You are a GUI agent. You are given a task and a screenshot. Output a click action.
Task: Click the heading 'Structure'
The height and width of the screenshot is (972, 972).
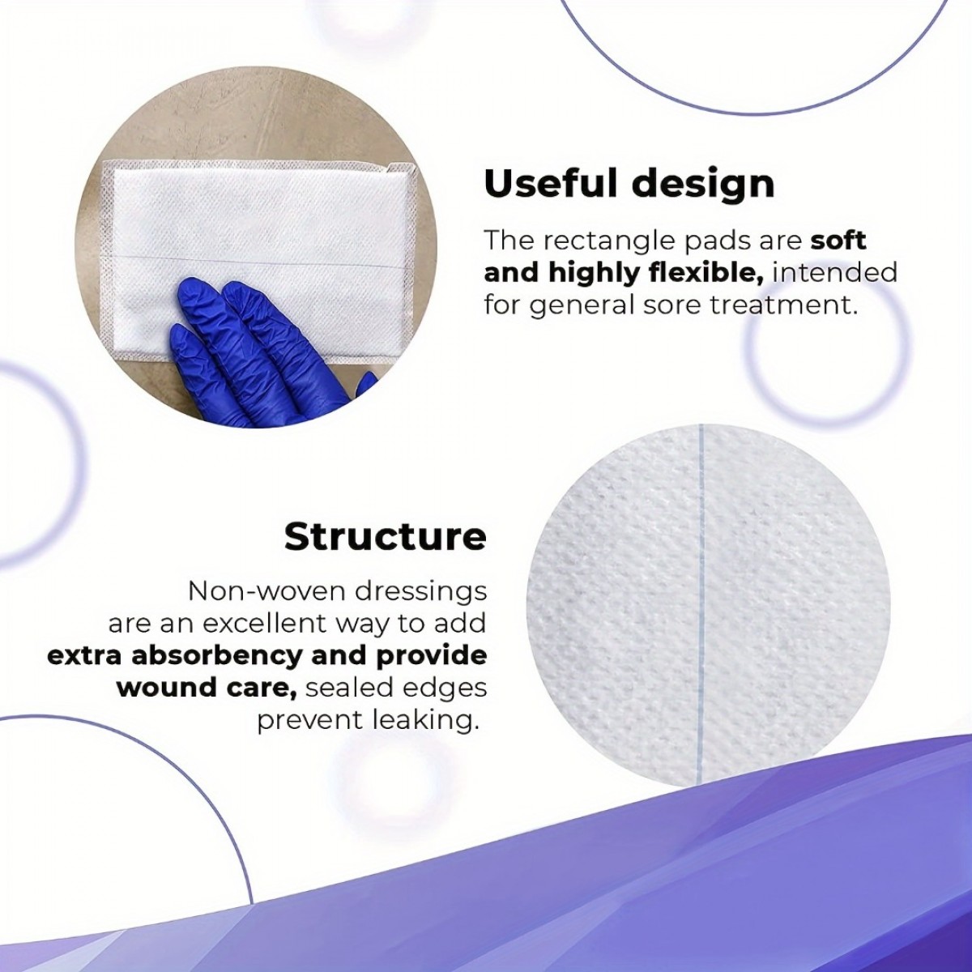tap(386, 538)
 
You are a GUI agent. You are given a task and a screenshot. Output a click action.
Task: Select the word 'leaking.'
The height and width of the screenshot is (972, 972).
tap(424, 721)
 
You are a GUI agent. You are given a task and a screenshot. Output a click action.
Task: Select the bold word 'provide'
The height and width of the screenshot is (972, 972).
tap(433, 657)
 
